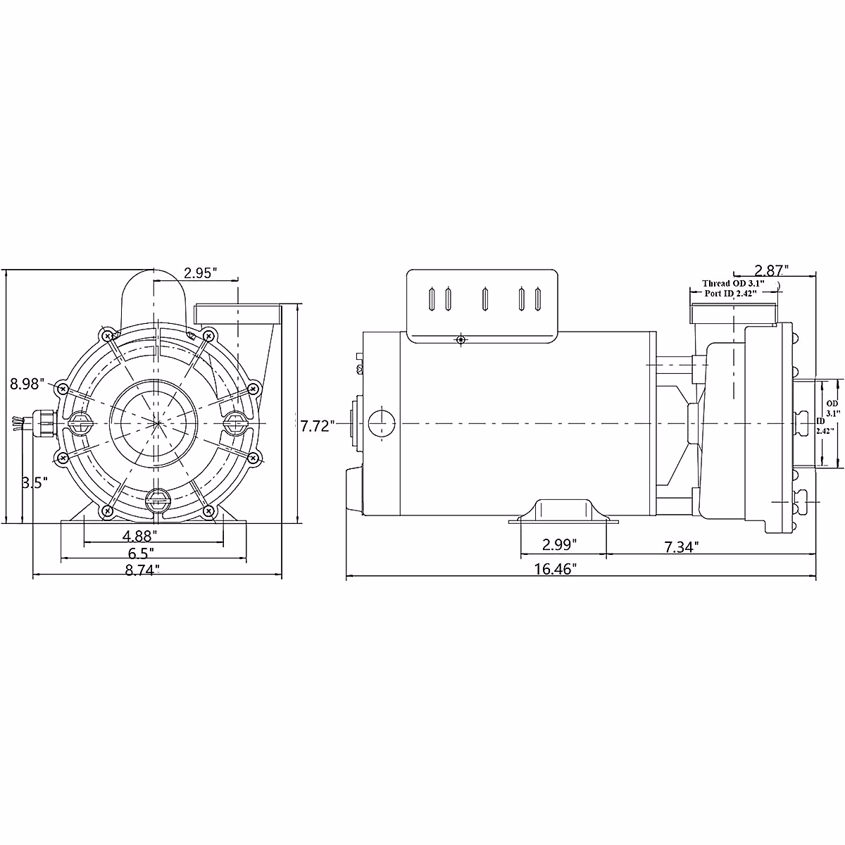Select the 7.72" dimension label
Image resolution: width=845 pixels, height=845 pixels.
315,426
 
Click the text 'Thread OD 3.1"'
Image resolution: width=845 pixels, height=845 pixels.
732,283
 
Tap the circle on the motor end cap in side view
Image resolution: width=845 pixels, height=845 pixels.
381,423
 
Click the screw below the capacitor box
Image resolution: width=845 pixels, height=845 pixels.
461,339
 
